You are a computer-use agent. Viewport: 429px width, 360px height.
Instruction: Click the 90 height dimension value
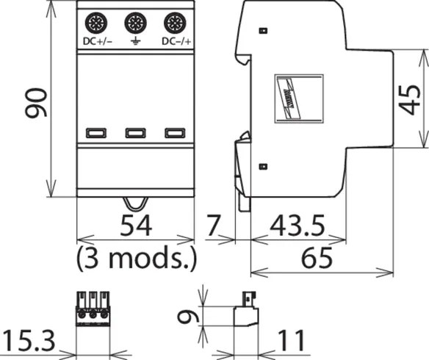click(x=36, y=103)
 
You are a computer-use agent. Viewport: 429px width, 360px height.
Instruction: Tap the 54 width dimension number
click(x=136, y=226)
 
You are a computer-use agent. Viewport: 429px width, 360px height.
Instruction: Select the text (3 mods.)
click(x=136, y=258)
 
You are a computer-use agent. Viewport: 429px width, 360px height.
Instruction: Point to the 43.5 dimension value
click(x=298, y=226)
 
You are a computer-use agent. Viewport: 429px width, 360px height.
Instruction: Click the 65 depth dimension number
click(x=317, y=257)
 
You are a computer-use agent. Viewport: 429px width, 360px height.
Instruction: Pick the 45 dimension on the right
click(x=410, y=100)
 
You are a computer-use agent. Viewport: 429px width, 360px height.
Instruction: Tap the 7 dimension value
click(x=213, y=226)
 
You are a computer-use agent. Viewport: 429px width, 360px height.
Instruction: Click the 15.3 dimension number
click(x=29, y=341)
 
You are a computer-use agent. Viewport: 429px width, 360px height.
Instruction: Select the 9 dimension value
click(x=188, y=317)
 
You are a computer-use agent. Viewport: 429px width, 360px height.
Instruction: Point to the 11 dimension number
click(x=291, y=341)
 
